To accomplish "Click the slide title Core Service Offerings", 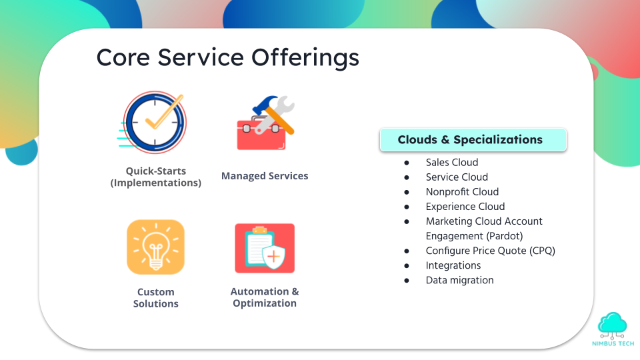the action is (x=228, y=57).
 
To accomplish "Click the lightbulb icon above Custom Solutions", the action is (x=155, y=247).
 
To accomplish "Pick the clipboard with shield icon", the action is (x=265, y=248).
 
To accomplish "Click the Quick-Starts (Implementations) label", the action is (x=156, y=177).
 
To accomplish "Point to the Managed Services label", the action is (x=265, y=176).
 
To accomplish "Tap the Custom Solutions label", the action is (x=156, y=297).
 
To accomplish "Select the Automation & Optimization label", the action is (x=265, y=297).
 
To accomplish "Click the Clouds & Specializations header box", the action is (x=473, y=139).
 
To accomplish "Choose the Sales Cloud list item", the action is (x=452, y=163).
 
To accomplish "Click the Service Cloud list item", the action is (x=457, y=177).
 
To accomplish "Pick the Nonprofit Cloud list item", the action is (x=462, y=192).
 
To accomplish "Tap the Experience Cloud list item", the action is (x=465, y=207).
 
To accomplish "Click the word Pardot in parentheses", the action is (x=505, y=236).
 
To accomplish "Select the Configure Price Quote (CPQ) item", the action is (x=491, y=251).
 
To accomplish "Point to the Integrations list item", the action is (x=453, y=266).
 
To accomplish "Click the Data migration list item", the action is (x=459, y=281).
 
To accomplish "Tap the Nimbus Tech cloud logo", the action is (x=613, y=329).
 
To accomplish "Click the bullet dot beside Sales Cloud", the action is (x=407, y=163).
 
